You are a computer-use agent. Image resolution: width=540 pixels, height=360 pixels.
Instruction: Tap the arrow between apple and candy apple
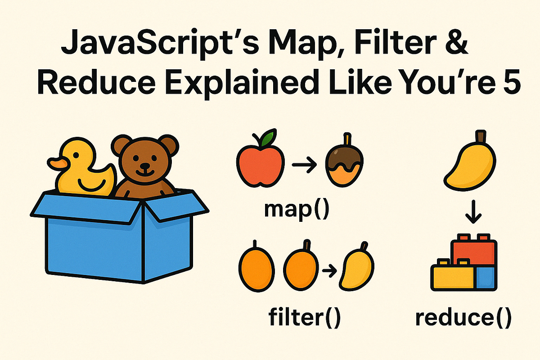306,166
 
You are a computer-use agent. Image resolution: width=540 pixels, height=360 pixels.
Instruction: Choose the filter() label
304,317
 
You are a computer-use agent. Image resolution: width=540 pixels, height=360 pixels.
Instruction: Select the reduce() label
463,317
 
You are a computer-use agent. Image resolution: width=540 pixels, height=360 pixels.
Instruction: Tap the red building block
475,250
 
